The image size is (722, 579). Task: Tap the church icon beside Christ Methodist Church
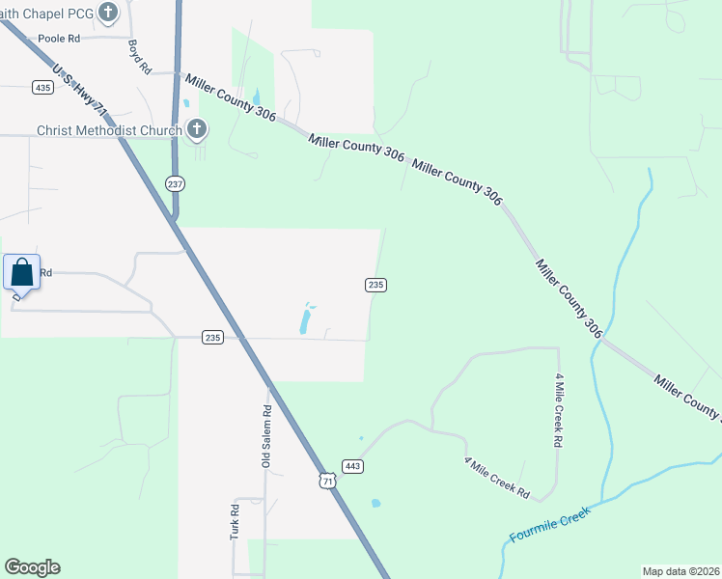tap(197, 128)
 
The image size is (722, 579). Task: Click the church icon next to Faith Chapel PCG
tap(109, 13)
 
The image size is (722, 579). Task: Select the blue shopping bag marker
tap(22, 274)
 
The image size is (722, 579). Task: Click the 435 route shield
tap(42, 87)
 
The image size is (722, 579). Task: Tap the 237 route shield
tap(175, 183)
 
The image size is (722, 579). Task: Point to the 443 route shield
tap(352, 467)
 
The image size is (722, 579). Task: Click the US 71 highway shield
tap(330, 481)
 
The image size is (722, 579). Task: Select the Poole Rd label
tap(59, 39)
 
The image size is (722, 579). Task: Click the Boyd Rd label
tap(140, 57)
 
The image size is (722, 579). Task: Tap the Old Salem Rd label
tap(266, 436)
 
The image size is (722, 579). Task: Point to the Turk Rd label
tap(235, 522)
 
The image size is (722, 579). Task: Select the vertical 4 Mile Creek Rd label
tap(558, 410)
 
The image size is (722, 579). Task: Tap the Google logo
tap(32, 567)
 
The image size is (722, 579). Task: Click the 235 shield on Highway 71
tap(213, 337)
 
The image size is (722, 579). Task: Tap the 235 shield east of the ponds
tap(376, 285)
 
